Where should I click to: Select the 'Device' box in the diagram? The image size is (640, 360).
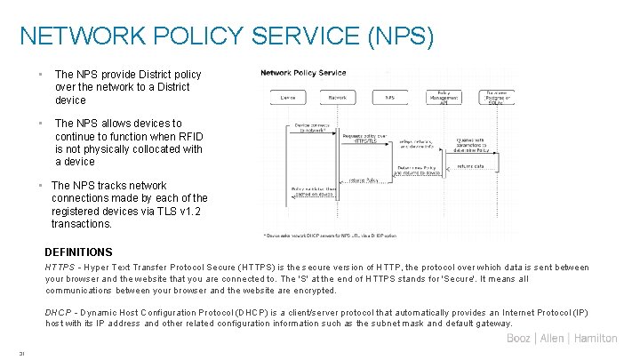point(287,96)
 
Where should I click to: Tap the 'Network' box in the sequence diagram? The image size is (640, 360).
point(338,96)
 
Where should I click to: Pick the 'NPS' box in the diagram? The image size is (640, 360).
point(389,96)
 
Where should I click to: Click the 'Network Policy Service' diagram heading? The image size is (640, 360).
point(303,72)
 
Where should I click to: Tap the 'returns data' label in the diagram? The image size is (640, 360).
point(471,165)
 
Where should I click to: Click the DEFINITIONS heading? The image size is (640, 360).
point(78,252)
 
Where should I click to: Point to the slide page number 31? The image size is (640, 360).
point(21,353)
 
